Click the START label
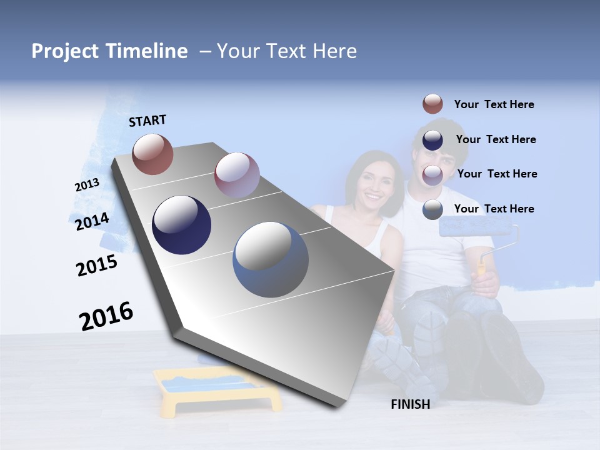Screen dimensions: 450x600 pos(147,120)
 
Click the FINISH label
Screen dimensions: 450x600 pos(410,404)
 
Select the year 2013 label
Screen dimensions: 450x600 pos(87,185)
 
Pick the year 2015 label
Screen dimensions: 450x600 pos(97,266)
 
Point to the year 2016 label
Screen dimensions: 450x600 pos(106,316)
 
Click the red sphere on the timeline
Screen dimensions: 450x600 pos(152,154)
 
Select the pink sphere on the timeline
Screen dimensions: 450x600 pos(237,174)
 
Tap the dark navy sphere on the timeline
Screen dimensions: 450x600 pos(182,225)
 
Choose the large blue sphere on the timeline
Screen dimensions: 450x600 pos(271,259)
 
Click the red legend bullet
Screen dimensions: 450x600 pos(432,104)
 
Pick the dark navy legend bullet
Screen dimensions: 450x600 pos(432,140)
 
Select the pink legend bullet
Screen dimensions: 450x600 pos(432,174)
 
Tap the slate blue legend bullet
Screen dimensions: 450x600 pos(432,209)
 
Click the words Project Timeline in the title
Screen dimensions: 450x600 pos(109,51)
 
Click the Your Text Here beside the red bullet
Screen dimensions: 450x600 pos(494,104)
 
